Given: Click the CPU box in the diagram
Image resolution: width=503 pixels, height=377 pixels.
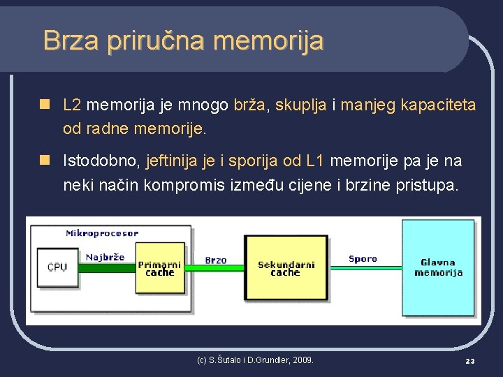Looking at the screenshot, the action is pos(57,267).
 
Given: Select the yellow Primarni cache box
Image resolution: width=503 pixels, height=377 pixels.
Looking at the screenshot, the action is pos(160,269).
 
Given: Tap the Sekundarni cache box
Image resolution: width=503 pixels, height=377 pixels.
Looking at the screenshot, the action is pos(286,269).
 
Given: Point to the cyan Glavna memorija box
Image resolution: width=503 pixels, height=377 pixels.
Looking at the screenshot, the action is pos(437,267).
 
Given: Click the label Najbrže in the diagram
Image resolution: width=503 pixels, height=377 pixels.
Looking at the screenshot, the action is pos(105,257).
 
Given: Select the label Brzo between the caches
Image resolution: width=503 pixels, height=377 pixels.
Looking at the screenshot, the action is pos(216,260).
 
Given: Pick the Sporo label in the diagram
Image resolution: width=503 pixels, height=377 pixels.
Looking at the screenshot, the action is pos(363,258).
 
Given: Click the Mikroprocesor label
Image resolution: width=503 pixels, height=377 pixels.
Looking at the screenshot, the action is pos(102,233).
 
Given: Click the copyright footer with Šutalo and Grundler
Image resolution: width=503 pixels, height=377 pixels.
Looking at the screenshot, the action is pos(255,360).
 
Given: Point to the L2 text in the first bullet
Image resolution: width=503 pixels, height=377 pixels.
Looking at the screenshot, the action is pos(72,105).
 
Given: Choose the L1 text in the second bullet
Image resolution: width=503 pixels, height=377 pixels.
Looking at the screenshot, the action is pos(315,162).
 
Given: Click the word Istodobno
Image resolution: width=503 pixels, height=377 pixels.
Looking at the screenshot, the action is pos(102,162).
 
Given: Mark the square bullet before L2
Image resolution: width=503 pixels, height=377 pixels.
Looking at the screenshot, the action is pos(45,105).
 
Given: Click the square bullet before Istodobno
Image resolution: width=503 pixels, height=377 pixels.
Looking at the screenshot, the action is pos(45,161).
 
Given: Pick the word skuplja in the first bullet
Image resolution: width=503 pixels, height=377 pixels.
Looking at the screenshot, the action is pos(299,105).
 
